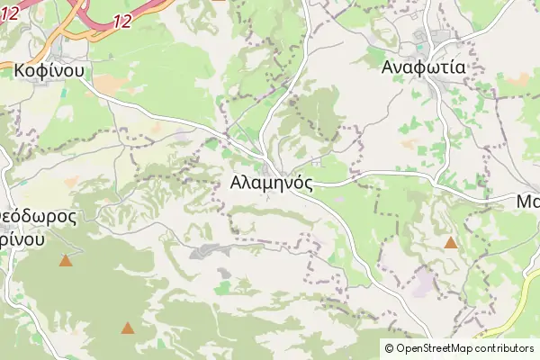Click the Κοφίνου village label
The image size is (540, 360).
pyautogui.click(x=49, y=69)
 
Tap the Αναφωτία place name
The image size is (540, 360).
pyautogui.click(x=422, y=67)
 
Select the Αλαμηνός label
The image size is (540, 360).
pyautogui.click(x=271, y=183)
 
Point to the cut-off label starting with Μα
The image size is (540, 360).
pyautogui.click(x=527, y=202)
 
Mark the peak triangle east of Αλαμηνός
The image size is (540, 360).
pyautogui.click(x=450, y=242)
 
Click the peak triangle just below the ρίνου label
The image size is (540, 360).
pyautogui.click(x=66, y=261)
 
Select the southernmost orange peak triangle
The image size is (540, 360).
pyautogui.click(x=128, y=328)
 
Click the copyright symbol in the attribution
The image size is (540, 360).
pyautogui.click(x=389, y=348)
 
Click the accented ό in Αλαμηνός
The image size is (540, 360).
pyautogui.click(x=299, y=183)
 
